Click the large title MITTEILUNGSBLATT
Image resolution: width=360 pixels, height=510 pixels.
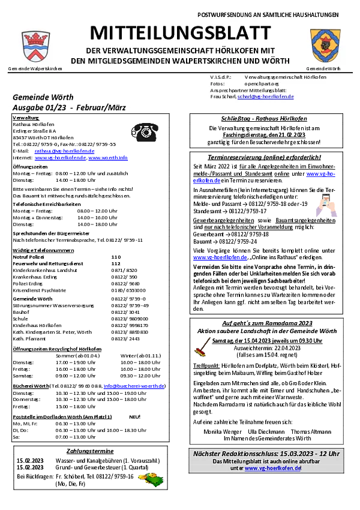[x=180, y=33]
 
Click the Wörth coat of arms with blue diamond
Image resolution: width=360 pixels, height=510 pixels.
[x=325, y=46]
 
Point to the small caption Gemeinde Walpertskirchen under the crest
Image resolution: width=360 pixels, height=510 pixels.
[x=35, y=69]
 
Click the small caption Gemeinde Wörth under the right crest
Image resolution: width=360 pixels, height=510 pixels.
[x=323, y=69]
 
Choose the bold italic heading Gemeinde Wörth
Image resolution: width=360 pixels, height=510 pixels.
[x=43, y=97]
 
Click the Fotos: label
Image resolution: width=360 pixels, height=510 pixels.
[x=217, y=84]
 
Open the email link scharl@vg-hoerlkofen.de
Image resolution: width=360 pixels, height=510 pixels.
[x=265, y=97]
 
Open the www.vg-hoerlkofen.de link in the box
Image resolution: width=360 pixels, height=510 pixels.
[x=272, y=468]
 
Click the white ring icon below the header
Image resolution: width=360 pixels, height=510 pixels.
[x=145, y=133]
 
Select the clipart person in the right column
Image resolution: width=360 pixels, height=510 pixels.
[x=325, y=206]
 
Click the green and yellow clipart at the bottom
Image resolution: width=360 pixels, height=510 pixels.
[x=150, y=478]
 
